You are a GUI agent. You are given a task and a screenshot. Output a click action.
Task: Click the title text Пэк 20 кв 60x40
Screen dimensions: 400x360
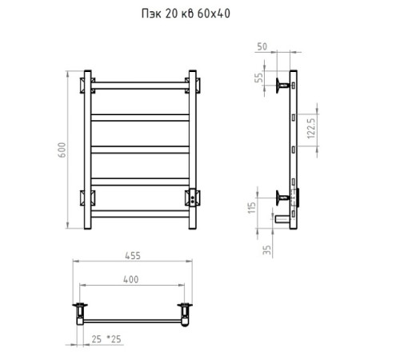pos(186,14)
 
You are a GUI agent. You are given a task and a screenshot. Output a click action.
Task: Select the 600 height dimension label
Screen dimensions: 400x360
pos(62,150)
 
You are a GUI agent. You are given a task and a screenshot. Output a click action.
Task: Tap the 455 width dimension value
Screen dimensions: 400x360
pos(133,256)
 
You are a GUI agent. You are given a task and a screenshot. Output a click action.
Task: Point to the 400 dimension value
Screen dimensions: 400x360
pos(131,279)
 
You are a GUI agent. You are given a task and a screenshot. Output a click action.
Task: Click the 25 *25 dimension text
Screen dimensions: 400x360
pos(106,339)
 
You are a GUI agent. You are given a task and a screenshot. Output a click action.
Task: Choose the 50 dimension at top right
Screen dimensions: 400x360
pos(262,46)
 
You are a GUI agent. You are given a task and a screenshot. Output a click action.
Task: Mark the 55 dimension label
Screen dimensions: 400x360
pos(258,78)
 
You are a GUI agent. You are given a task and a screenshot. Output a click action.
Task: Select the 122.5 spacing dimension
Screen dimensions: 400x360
pos(311,129)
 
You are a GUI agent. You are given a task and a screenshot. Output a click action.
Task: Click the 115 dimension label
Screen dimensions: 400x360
pos(252,208)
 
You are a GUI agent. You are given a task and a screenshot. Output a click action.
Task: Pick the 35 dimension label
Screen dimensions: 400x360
pos(266,250)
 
